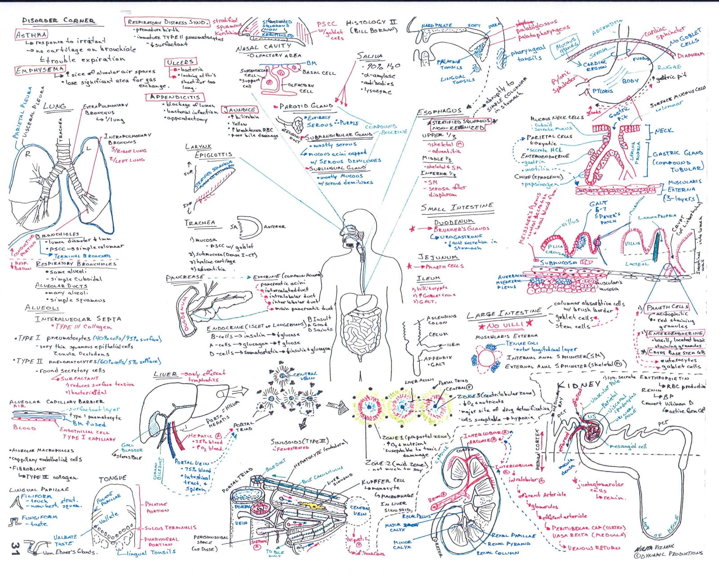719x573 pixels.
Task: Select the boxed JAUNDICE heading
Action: [x=240, y=110]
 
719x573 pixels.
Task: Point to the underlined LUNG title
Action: [x=55, y=107]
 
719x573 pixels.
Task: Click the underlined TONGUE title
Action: [x=113, y=478]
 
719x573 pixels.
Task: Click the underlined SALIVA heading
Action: [x=370, y=56]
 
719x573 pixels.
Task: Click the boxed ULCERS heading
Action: [x=180, y=62]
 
